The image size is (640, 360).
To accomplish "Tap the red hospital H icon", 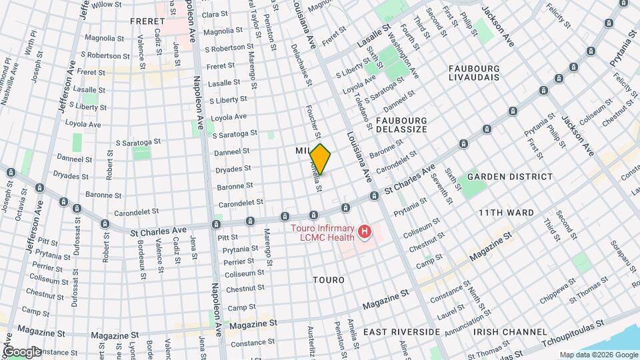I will [365, 232].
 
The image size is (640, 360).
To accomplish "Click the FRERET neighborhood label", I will [148, 21].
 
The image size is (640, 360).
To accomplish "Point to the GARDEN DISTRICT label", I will [510, 177].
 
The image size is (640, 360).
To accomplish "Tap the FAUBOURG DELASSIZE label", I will [400, 125].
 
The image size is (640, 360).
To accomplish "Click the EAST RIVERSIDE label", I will [401, 331].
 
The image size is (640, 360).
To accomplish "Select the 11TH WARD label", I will [506, 213].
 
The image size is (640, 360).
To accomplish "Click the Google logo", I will [22, 352].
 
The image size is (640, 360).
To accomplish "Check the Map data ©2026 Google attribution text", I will [598, 355].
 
